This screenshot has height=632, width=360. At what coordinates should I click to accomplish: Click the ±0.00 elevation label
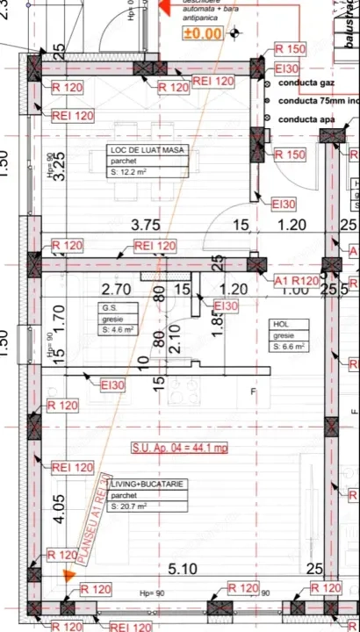pos(202,34)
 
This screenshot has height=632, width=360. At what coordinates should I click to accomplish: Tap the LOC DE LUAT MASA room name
pos(146,150)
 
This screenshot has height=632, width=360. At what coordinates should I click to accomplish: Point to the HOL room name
pos(279,324)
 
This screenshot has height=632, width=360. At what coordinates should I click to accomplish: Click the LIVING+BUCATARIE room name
pos(149,484)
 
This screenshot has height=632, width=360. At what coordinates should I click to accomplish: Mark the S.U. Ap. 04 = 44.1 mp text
pos(179,448)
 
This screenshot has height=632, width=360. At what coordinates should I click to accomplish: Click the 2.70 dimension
pos(116,289)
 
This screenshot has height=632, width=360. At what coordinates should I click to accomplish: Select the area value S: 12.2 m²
pos(131,173)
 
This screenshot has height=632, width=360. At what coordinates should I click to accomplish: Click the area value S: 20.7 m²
pos(131,506)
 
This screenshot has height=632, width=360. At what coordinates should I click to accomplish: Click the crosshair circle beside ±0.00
pos(234,34)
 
